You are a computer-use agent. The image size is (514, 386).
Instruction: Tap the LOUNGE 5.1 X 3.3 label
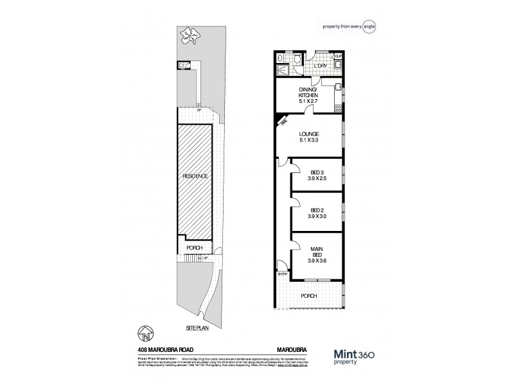[308, 137]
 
